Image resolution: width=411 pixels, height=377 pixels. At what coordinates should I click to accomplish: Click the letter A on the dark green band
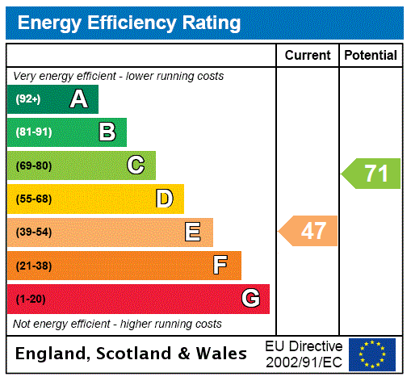click(x=78, y=99)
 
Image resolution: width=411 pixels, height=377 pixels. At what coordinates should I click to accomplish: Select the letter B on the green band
click(x=107, y=132)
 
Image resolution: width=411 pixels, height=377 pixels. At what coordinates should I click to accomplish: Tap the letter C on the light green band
click(x=136, y=165)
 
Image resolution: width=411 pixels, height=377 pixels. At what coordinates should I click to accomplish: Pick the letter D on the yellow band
click(x=164, y=199)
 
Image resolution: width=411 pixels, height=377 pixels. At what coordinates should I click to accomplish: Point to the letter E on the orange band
click(x=193, y=232)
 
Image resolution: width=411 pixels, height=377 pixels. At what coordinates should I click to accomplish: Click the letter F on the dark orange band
click(x=220, y=266)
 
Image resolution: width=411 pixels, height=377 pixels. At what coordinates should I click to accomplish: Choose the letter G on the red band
click(x=250, y=299)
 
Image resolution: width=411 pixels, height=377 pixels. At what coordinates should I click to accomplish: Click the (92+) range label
click(x=27, y=99)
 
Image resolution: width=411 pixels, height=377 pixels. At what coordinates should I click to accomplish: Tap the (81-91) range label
click(x=33, y=132)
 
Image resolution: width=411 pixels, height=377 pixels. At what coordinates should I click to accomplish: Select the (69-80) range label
click(x=33, y=165)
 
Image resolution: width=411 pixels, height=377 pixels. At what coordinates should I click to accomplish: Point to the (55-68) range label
click(x=33, y=199)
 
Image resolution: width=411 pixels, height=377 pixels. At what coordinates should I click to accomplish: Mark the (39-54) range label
click(x=33, y=232)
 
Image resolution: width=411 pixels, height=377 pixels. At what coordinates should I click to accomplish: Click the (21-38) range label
click(x=33, y=266)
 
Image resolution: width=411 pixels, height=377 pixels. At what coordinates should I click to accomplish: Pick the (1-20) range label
click(x=31, y=299)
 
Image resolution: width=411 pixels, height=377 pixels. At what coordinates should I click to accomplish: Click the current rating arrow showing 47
click(x=309, y=232)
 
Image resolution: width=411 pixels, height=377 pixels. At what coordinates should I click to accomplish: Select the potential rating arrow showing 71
click(x=371, y=174)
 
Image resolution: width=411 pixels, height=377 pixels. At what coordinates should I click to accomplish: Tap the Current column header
click(x=308, y=56)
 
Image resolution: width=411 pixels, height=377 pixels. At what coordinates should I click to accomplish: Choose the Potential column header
click(x=371, y=56)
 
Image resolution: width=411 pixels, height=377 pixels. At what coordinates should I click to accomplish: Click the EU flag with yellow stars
click(x=372, y=354)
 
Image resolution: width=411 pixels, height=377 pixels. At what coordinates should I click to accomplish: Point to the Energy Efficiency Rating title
click(x=129, y=23)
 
